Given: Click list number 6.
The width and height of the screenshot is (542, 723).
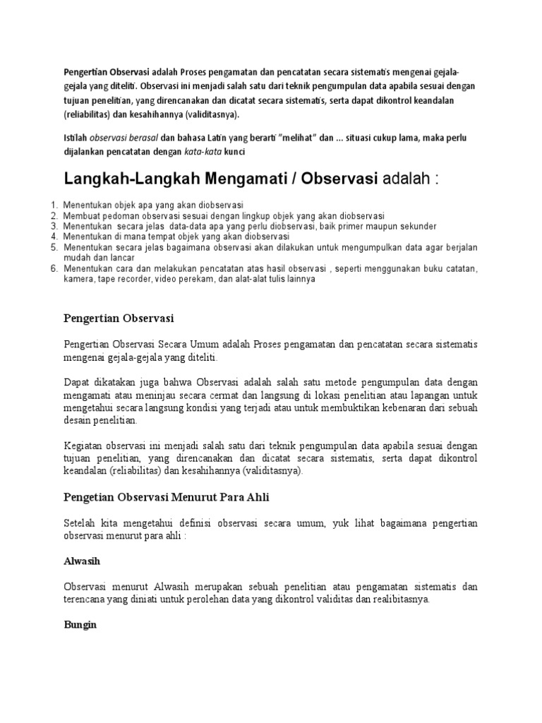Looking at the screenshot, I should coord(54,269).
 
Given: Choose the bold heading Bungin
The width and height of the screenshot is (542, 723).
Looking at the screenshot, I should coord(80,626).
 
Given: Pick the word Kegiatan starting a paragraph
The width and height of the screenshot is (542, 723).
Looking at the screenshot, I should coord(85,446).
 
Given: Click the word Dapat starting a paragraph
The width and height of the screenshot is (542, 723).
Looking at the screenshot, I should coord(77,381).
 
